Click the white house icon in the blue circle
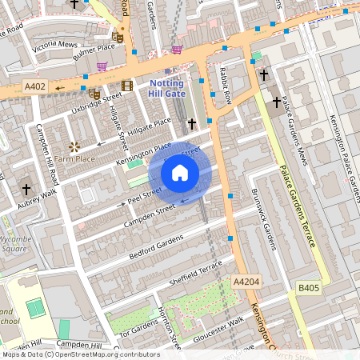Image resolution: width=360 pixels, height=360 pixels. pyautogui.click(x=180, y=172)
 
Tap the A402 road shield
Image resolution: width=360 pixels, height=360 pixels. pyautogui.click(x=34, y=86)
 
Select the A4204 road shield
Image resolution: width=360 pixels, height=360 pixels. pyautogui.click(x=246, y=282)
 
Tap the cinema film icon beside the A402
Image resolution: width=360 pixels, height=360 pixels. pyautogui.click(x=126, y=86)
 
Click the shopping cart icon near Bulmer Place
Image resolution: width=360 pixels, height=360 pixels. pyautogui.click(x=102, y=67)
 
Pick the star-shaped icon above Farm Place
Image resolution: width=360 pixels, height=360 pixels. pyautogui.click(x=74, y=146)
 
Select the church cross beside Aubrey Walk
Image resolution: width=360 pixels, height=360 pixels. pyautogui.click(x=26, y=190)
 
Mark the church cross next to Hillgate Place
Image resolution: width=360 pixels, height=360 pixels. pyautogui.click(x=191, y=124)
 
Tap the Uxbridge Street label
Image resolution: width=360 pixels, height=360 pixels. pyautogui.click(x=95, y=104)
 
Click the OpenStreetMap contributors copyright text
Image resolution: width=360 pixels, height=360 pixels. pyautogui.click(x=80, y=354)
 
